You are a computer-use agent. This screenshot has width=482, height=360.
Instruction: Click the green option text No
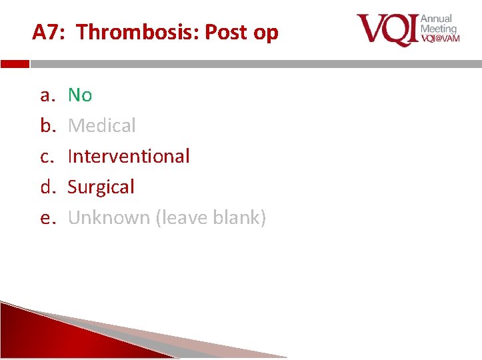pyautogui.click(x=80, y=95)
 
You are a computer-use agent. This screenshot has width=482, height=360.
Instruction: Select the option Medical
pyautogui.click(x=102, y=125)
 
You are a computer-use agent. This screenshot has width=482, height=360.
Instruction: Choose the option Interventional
pyautogui.click(x=129, y=156)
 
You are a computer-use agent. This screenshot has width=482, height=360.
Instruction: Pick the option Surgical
pyautogui.click(x=101, y=187)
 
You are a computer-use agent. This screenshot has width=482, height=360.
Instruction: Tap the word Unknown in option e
pyautogui.click(x=109, y=217)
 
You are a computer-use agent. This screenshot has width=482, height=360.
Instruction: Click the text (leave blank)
pyautogui.click(x=211, y=217)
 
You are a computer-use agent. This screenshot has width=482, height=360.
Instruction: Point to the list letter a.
pyautogui.click(x=47, y=95)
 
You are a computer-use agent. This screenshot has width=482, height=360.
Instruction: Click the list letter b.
pyautogui.click(x=47, y=125)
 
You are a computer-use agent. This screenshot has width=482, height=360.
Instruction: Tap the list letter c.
pyautogui.click(x=47, y=156)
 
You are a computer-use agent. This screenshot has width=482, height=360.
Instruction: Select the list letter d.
pyautogui.click(x=47, y=187)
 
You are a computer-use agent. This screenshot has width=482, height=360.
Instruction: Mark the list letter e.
pyautogui.click(x=47, y=217)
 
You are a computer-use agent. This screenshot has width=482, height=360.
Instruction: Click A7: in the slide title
pyautogui.click(x=50, y=32)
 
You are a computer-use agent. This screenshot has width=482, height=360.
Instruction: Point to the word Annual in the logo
pyautogui.click(x=437, y=19)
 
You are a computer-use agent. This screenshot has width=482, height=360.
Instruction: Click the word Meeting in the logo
pyautogui.click(x=439, y=29)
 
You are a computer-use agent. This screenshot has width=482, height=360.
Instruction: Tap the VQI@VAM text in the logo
pyautogui.click(x=440, y=39)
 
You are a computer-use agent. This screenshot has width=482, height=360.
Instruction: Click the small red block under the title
pyautogui.click(x=15, y=65)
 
